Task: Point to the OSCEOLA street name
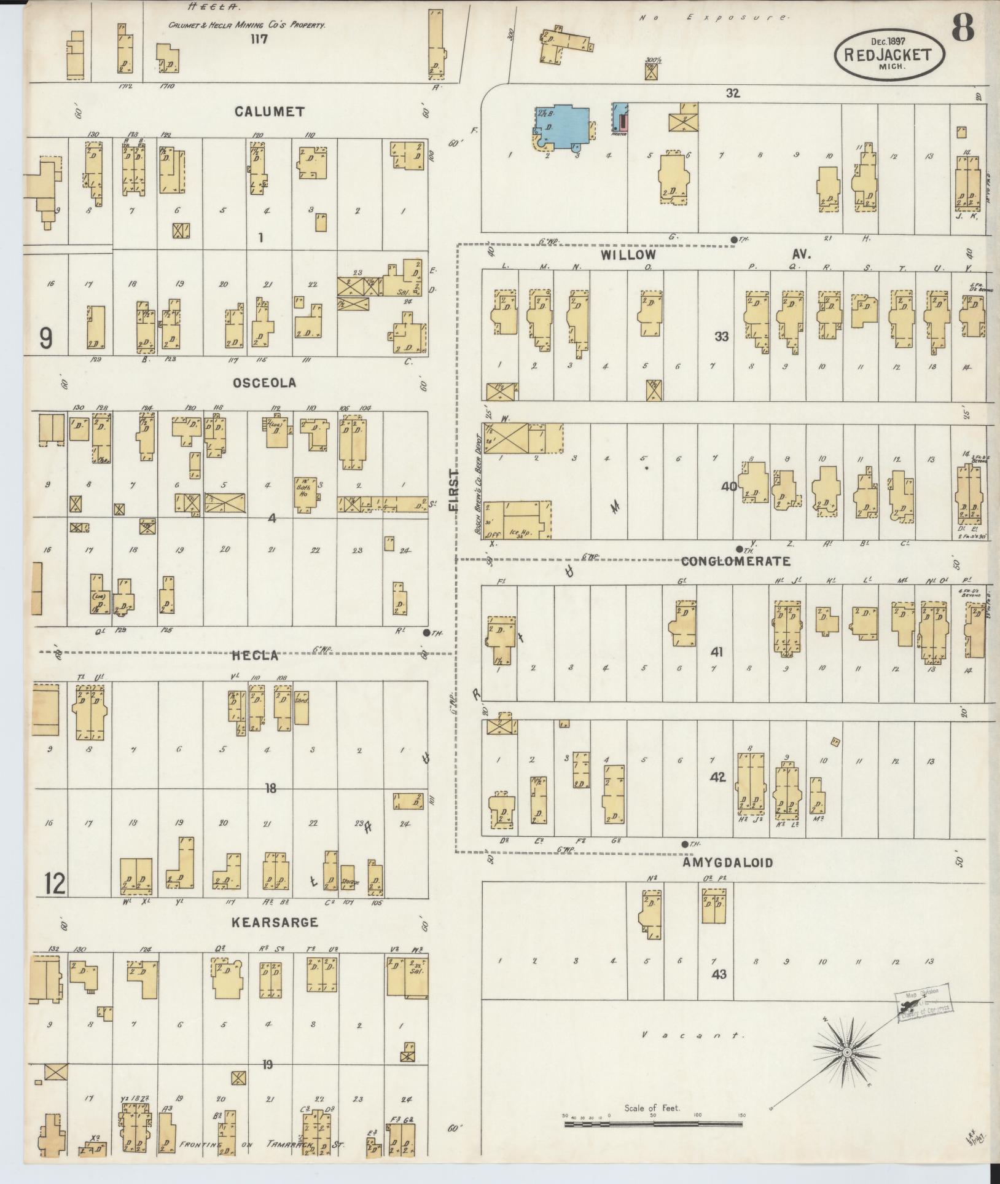(x=264, y=382)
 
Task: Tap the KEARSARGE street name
(x=275, y=922)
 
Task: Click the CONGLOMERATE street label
(x=736, y=561)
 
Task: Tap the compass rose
(x=847, y=1053)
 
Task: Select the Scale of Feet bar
(x=655, y=1124)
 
